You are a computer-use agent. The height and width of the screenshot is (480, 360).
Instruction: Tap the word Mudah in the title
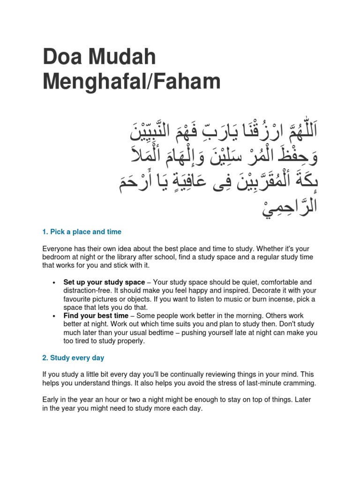(x=123, y=58)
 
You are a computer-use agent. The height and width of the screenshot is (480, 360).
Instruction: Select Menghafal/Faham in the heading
(x=131, y=82)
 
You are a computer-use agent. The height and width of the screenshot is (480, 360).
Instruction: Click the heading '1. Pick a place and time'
(x=82, y=232)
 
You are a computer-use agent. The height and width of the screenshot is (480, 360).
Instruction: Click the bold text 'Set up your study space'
(x=104, y=282)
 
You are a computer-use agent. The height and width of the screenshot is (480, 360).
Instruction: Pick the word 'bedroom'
(x=58, y=258)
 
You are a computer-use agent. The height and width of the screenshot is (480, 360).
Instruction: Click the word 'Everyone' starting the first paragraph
(x=58, y=249)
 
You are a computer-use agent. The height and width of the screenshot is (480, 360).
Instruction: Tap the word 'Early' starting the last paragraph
(x=51, y=400)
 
